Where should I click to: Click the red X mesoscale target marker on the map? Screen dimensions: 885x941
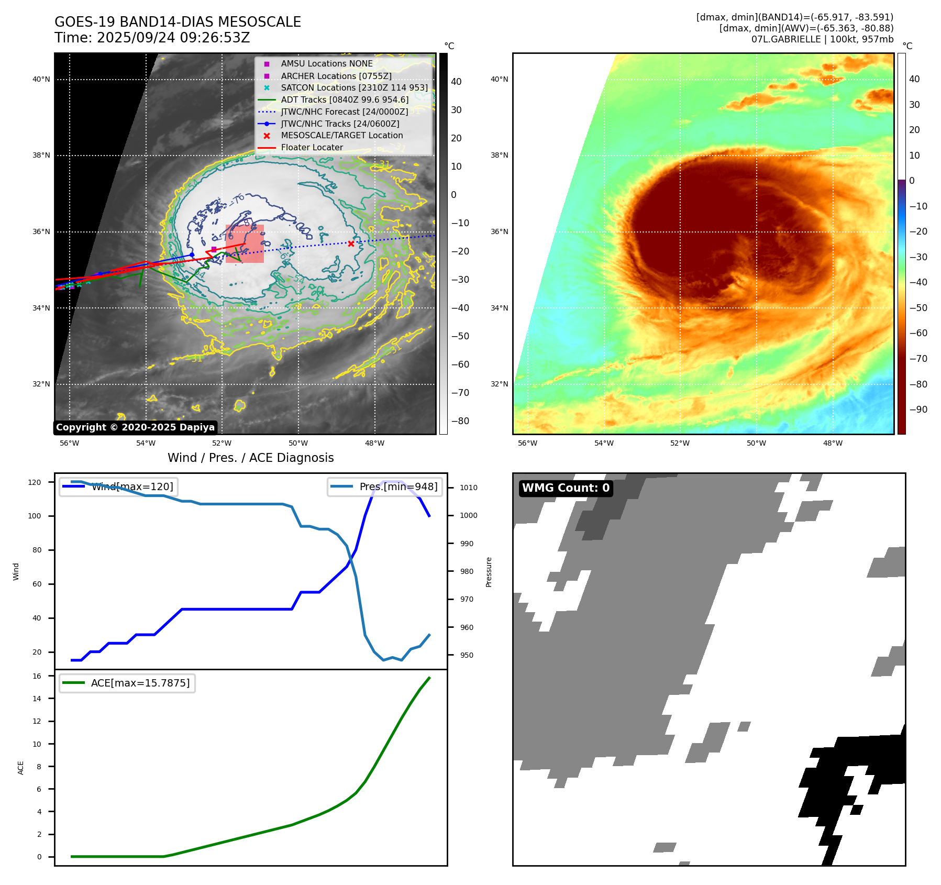click(x=351, y=244)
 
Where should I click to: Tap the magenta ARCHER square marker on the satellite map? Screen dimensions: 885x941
click(x=214, y=249)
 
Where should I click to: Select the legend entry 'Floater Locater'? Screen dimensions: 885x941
click(x=312, y=148)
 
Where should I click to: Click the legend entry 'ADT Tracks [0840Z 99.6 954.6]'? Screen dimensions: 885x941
click(x=345, y=99)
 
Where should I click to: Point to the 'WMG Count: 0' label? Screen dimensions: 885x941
click(x=566, y=488)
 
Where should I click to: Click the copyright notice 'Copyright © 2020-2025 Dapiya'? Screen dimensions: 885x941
click(x=135, y=427)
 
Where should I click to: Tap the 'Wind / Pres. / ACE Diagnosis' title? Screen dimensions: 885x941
click(x=250, y=458)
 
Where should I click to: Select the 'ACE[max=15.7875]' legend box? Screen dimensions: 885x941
click(x=127, y=683)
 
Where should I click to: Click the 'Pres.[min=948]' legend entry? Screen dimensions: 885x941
click(x=385, y=486)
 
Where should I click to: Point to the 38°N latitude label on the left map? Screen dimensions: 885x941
click(x=41, y=156)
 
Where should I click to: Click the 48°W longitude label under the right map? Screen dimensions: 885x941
click(x=833, y=443)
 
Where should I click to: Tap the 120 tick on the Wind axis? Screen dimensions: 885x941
click(x=35, y=482)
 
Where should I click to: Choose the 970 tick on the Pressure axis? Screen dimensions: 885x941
click(x=467, y=599)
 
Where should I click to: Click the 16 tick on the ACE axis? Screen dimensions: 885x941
click(x=37, y=676)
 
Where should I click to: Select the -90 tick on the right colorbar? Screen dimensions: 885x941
click(x=918, y=410)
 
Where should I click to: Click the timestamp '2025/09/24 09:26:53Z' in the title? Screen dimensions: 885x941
click(x=173, y=38)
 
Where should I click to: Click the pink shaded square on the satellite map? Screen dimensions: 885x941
click(x=245, y=244)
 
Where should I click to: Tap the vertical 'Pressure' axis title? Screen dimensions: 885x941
click(x=489, y=572)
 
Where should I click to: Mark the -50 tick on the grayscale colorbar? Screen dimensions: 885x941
click(x=460, y=336)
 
